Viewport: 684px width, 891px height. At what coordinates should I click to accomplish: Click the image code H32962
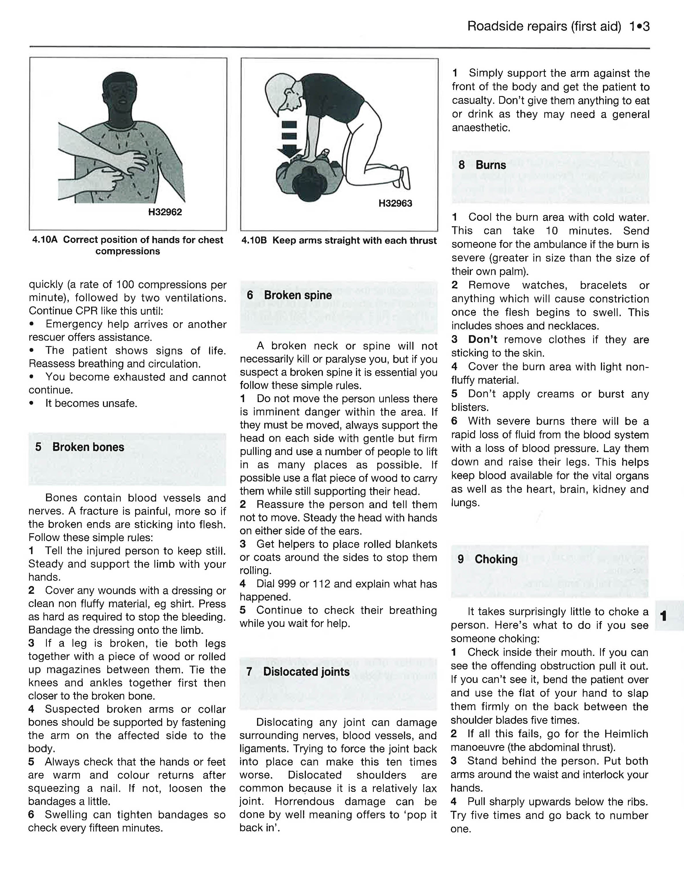165,212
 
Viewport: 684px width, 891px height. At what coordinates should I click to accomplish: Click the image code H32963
395,203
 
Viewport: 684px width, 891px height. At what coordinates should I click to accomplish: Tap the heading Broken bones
88,447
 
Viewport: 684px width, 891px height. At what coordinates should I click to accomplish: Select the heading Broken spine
298,295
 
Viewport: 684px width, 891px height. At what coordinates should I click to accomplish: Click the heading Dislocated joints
306,672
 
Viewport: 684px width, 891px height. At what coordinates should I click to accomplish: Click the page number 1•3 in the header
639,26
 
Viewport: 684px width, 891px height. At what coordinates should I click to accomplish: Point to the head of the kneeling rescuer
281,92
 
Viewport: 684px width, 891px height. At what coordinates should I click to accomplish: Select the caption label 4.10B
254,241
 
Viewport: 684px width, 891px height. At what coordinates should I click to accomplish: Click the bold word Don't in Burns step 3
482,339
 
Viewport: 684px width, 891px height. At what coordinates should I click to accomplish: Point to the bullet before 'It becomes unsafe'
31,403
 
